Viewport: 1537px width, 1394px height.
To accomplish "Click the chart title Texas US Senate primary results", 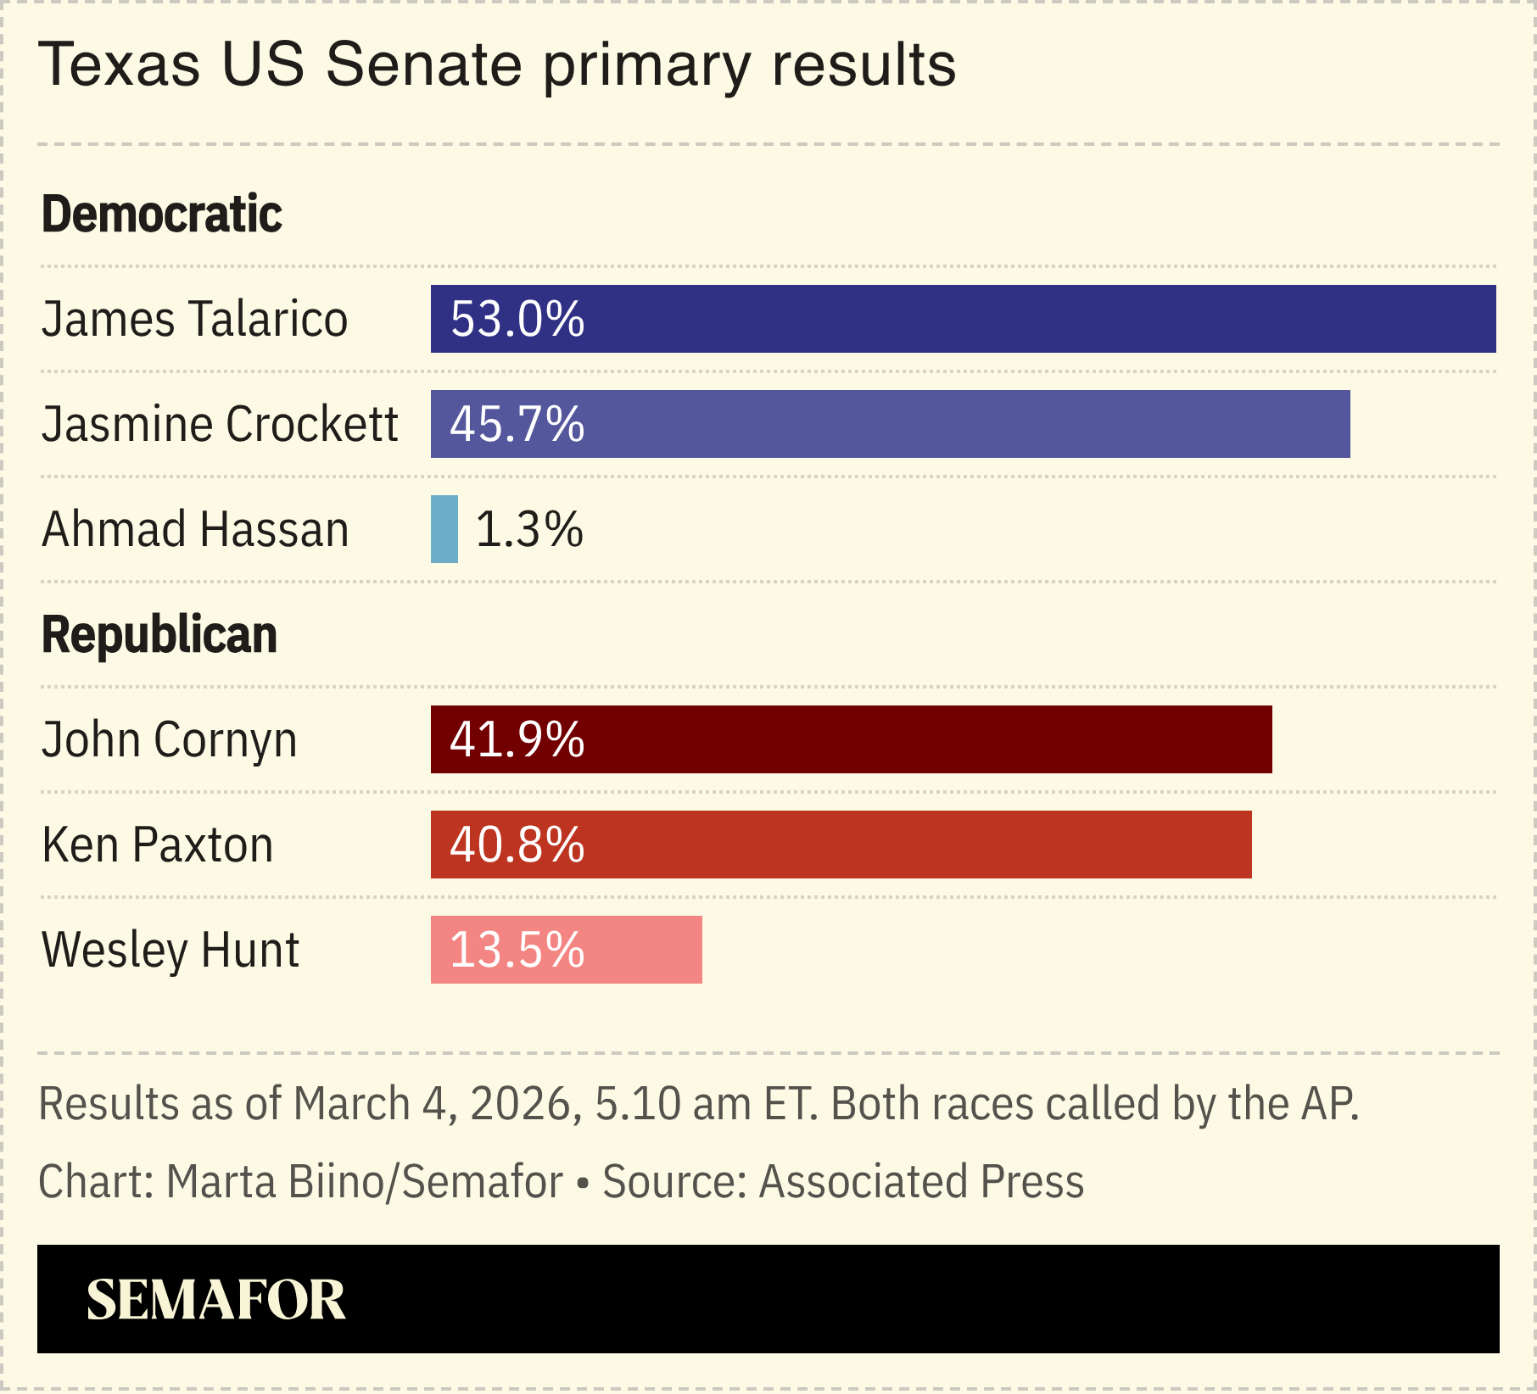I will (x=497, y=65).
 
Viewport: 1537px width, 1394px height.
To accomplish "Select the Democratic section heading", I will (x=161, y=214).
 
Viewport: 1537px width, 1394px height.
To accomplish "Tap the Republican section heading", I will (x=159, y=634).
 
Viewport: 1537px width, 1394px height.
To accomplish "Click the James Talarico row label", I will (x=194, y=320).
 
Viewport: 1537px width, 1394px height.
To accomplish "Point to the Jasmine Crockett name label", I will (x=220, y=425).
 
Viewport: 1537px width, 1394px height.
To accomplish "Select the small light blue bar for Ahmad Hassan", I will (x=444, y=529).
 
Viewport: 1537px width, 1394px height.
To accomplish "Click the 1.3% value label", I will (x=529, y=530).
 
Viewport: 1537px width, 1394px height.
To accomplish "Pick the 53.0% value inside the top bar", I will (x=517, y=320).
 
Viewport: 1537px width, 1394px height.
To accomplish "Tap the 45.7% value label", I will (x=517, y=425).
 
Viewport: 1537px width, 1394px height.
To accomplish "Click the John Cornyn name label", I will (x=170, y=740).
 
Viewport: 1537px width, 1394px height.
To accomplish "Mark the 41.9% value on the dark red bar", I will (x=517, y=740).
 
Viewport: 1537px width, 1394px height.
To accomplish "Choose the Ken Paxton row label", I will (x=158, y=845).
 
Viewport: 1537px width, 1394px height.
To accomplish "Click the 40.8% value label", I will (x=517, y=845).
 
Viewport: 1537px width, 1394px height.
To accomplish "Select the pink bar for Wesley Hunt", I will (x=645, y=950).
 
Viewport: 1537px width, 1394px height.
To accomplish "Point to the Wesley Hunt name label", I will (x=170, y=950).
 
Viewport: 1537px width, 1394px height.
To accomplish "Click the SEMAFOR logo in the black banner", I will (x=216, y=1300).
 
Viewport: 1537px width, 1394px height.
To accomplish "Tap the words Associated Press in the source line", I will (x=921, y=1181).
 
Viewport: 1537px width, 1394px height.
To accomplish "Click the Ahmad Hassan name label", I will (x=195, y=530).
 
